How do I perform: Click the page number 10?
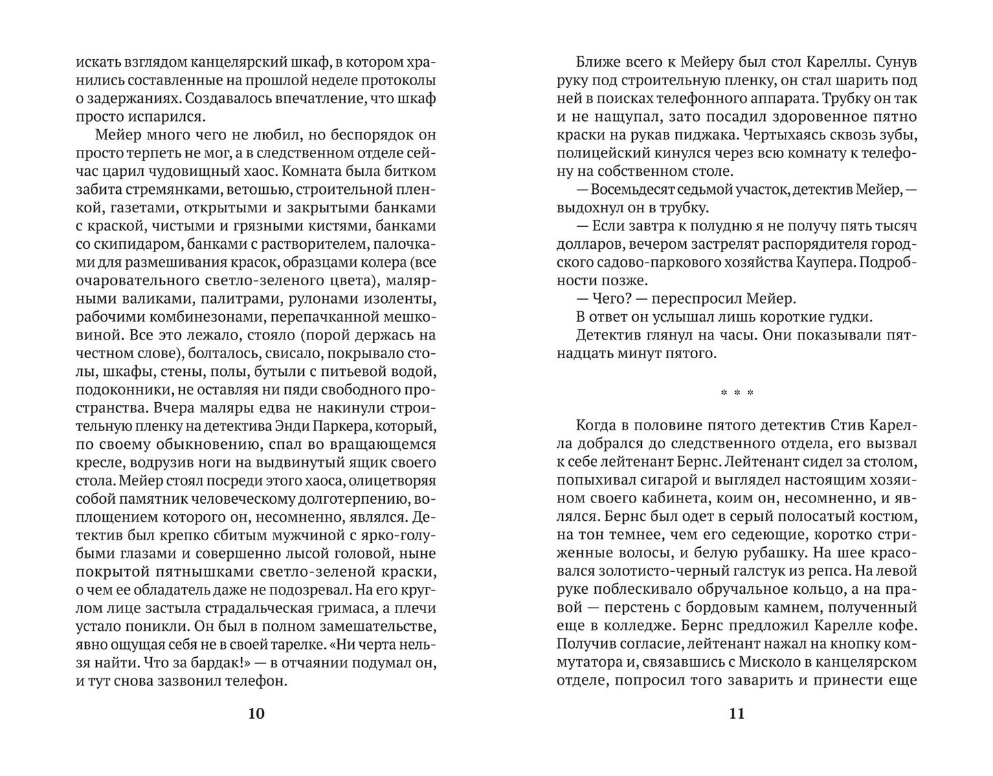coord(255,713)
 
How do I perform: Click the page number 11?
coord(736,713)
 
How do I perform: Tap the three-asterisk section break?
coord(736,393)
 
